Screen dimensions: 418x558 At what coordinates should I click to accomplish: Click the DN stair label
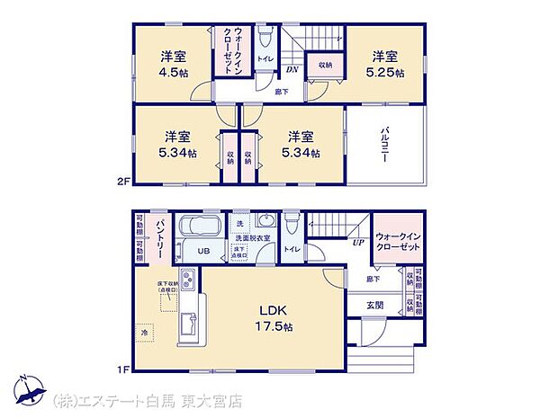tap(292, 70)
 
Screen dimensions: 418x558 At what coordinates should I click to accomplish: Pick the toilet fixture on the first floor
tap(291, 224)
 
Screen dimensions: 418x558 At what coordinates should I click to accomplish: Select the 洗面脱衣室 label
tap(253, 238)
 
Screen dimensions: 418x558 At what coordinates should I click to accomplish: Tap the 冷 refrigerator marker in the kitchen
tap(143, 332)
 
